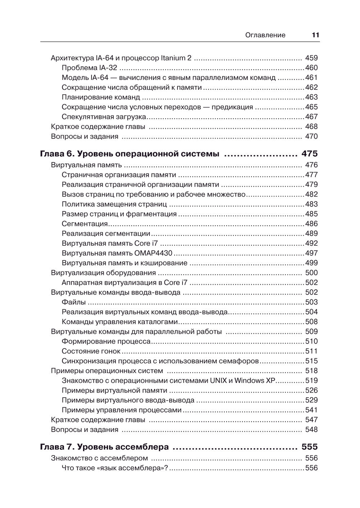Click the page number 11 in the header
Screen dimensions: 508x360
click(x=315, y=35)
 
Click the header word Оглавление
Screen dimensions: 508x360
click(x=265, y=35)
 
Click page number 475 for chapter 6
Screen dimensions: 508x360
click(x=310, y=154)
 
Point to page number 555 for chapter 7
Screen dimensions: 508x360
click(x=310, y=447)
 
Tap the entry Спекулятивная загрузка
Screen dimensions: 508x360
click(x=104, y=117)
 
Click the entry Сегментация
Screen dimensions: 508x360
click(x=85, y=224)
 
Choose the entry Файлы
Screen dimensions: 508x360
click(x=73, y=302)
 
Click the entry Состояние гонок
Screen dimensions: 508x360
click(x=91, y=351)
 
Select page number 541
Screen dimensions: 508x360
click(x=311, y=410)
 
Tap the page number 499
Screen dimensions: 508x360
click(x=311, y=263)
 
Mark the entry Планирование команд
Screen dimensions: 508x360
click(x=101, y=97)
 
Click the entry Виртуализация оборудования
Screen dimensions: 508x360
click(x=103, y=273)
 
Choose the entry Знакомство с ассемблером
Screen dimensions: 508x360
click(x=99, y=458)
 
